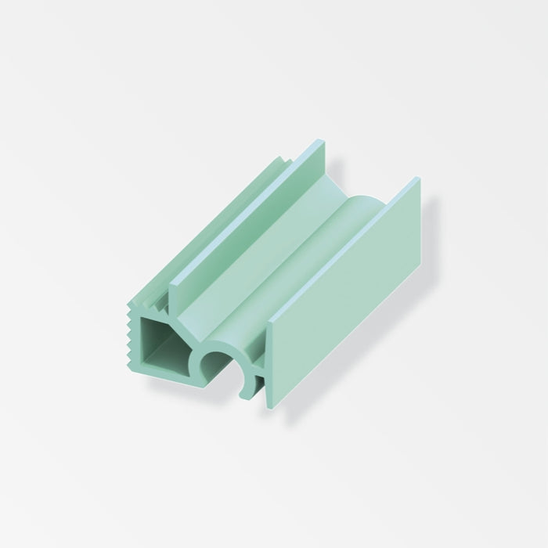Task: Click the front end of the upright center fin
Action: tap(176, 294)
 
